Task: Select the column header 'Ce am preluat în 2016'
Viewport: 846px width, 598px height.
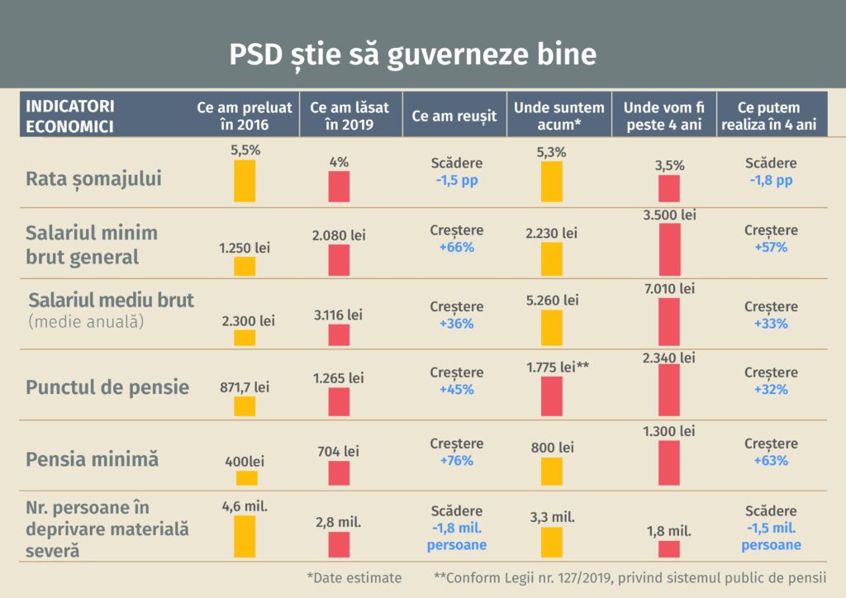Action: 245,116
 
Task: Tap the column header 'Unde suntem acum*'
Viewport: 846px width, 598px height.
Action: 559,116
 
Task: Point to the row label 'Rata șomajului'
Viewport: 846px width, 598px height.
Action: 93,178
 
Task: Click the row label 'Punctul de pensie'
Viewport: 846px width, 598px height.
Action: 107,387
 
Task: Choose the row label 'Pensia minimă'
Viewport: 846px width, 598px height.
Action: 92,459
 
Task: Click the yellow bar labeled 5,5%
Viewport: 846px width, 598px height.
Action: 245,181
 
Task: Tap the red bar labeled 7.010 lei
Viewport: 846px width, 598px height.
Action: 669,321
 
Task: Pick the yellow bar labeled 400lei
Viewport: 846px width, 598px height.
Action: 246,478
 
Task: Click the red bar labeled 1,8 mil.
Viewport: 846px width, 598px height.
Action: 669,549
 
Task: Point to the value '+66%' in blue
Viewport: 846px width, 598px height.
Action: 456,248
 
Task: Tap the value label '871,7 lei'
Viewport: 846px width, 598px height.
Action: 245,386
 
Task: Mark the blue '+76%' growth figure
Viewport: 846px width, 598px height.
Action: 456,460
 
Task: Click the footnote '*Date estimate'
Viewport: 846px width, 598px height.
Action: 354,578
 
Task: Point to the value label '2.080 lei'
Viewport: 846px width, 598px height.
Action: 339,235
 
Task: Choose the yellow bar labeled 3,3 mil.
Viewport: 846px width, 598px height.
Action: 552,543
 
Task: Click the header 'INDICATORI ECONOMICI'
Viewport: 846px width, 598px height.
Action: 70,116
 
